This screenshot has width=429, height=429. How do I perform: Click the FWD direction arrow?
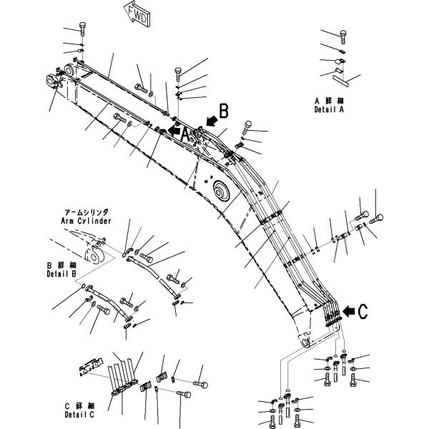137,14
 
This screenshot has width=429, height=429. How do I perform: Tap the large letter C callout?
363,312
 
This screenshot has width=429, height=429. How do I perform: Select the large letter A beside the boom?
185,135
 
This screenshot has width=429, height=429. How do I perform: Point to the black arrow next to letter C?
349,311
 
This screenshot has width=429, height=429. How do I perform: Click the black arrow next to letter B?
212,120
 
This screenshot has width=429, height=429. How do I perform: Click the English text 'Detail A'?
329,109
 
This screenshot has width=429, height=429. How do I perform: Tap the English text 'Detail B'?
61,274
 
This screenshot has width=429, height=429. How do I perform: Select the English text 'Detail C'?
79,415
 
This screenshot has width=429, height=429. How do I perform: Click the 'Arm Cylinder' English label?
87,221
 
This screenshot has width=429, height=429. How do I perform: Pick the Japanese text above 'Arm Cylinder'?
87,212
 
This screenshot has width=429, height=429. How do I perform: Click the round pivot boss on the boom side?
220,191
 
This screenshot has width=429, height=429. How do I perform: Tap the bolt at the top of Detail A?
343,37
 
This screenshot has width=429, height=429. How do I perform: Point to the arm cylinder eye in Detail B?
94,257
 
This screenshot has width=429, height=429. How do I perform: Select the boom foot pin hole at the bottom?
305,342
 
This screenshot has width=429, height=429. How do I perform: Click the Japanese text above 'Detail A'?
329,101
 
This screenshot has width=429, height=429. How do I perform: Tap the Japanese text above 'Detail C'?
80,405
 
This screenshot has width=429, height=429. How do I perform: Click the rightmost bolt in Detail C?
200,385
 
